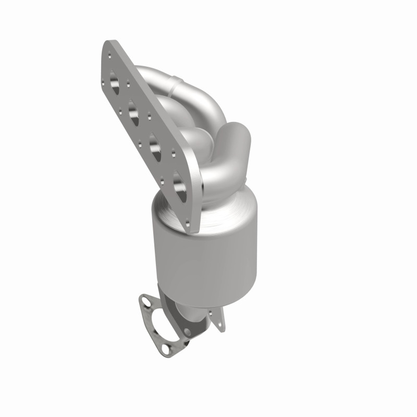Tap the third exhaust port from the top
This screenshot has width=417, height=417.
155,143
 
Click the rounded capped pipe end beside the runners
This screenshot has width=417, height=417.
237,136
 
